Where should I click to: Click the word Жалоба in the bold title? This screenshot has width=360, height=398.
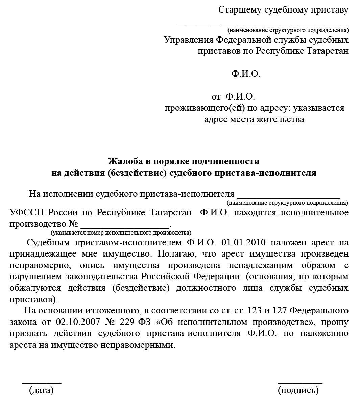[123, 161]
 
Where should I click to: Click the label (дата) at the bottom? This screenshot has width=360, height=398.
[41, 390]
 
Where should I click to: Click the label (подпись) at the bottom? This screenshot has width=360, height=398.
[298, 390]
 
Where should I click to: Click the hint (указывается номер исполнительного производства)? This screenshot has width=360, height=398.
[121, 233]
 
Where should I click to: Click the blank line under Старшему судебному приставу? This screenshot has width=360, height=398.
[262, 25]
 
